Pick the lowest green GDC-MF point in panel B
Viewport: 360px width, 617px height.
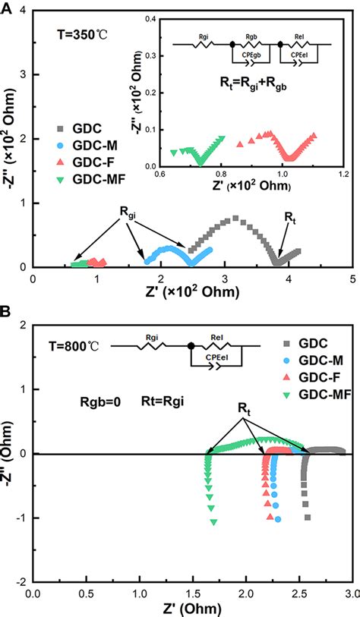coord(213,521)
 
